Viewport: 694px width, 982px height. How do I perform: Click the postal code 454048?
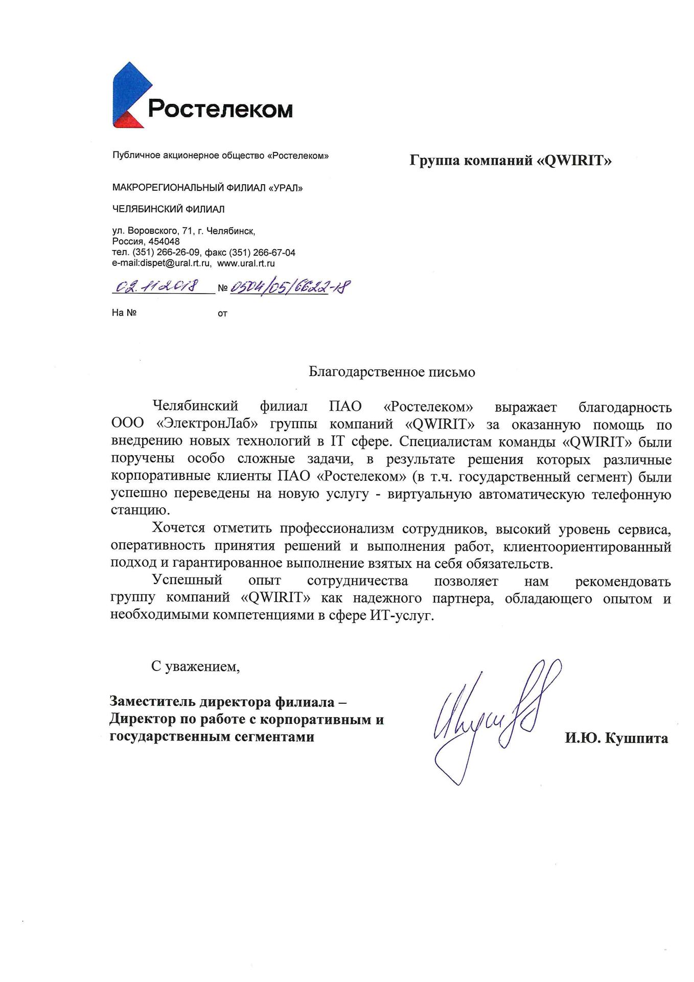pyautogui.click(x=164, y=241)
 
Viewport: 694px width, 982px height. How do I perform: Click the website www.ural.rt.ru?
pyautogui.click(x=246, y=264)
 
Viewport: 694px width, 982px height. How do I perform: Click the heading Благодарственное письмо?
pyautogui.click(x=391, y=372)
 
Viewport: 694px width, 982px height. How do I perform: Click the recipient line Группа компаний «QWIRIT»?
pyautogui.click(x=511, y=161)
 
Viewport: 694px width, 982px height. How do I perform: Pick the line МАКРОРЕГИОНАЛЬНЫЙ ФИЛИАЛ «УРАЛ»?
pyautogui.click(x=207, y=188)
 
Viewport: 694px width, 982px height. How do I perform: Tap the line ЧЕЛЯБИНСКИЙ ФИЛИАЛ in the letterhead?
pyautogui.click(x=168, y=209)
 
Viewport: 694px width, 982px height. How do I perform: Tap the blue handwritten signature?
pyautogui.click(x=491, y=716)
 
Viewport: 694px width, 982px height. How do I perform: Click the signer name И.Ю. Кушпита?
pyautogui.click(x=616, y=739)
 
